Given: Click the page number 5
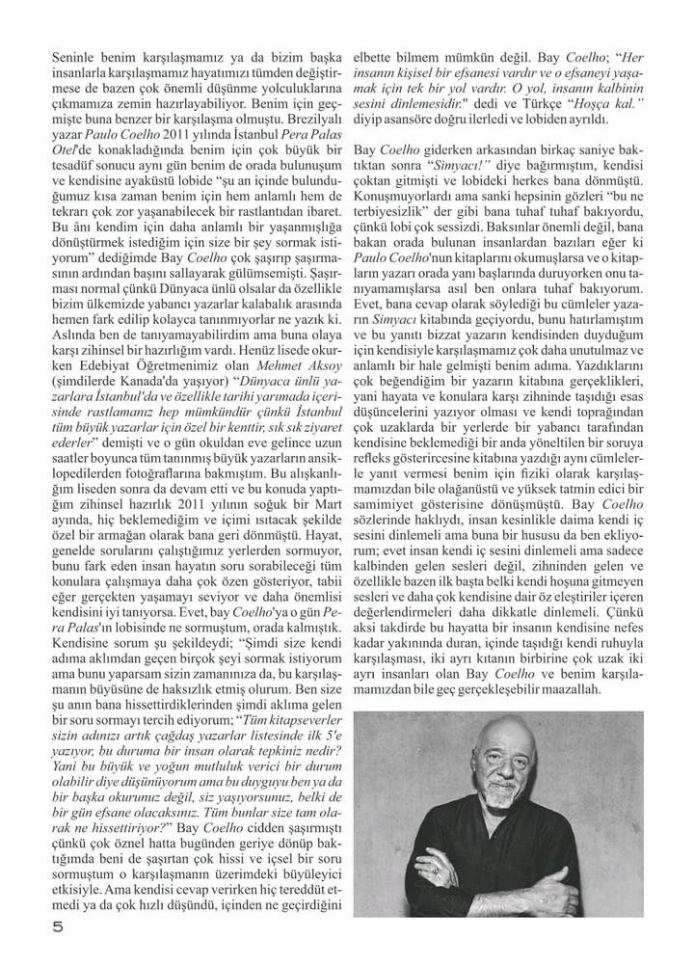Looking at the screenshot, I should (57, 929).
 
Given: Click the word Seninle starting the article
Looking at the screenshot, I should (75, 58).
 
